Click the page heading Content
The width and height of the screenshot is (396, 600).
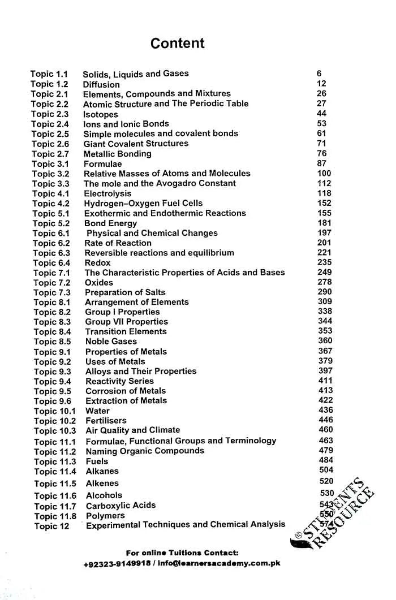point(177,44)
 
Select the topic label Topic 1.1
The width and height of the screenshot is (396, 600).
point(49,74)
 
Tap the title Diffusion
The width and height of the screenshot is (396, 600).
point(101,84)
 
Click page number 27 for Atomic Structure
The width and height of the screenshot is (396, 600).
point(321,103)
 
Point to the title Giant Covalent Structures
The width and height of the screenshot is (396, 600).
point(136,144)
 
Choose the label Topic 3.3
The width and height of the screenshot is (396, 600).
point(51,184)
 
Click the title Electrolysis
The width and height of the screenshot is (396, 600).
point(107,193)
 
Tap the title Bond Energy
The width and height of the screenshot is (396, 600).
point(110,223)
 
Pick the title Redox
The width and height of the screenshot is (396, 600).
point(97,263)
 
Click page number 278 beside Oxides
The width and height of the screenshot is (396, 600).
point(325,282)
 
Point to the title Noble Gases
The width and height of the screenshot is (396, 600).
point(111,342)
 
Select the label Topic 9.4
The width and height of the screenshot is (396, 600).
point(53,382)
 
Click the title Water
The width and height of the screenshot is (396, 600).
point(97,411)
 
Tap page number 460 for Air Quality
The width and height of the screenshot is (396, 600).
point(326,430)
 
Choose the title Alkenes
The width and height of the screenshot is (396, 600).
point(102,484)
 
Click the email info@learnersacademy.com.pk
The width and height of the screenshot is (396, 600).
point(219,564)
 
